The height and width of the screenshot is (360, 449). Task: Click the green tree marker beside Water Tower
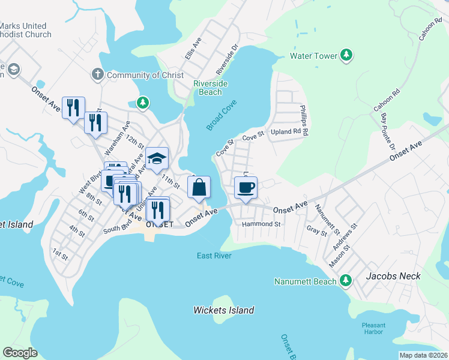pyautogui.click(x=346, y=56)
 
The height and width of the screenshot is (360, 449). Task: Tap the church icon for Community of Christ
pyautogui.click(x=97, y=74)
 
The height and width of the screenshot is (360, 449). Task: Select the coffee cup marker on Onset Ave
pyautogui.click(x=245, y=188)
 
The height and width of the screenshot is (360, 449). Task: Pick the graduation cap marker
pyautogui.click(x=157, y=159)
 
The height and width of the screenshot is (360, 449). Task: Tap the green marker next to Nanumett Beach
pyautogui.click(x=345, y=280)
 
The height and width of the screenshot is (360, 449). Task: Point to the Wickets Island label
pyautogui.click(x=223, y=310)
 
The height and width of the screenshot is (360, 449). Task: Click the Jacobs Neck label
pyautogui.click(x=393, y=276)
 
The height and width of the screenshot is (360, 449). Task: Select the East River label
pyautogui.click(x=214, y=256)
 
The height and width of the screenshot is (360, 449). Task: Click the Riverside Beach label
pyautogui.click(x=211, y=88)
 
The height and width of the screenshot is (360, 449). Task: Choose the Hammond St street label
pyautogui.click(x=261, y=224)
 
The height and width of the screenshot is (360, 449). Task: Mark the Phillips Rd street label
pyautogui.click(x=304, y=120)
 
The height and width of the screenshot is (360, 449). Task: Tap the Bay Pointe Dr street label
pyautogui.click(x=387, y=130)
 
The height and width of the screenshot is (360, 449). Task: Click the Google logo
pyautogui.click(x=20, y=352)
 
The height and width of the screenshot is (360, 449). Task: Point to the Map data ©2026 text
pyautogui.click(x=423, y=355)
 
